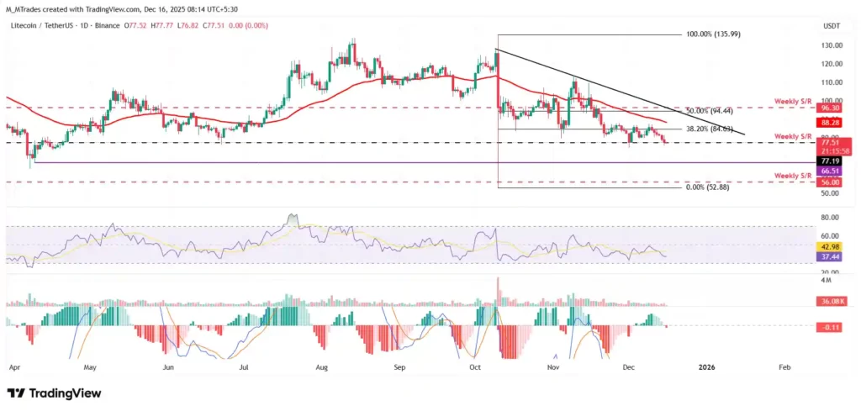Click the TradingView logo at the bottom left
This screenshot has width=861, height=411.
[54, 393]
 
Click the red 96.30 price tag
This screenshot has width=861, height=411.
[831, 108]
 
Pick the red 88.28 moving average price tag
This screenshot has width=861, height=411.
[831, 122]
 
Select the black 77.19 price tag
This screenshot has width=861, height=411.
[831, 160]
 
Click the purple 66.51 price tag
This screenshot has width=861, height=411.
[831, 171]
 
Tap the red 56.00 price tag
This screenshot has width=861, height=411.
[831, 182]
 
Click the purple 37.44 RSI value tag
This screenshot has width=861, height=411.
[831, 258]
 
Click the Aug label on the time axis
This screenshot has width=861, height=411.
[320, 367]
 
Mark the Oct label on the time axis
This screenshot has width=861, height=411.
[474, 367]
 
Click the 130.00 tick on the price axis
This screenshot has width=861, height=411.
[831, 45]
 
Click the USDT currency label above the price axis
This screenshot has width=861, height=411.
[831, 26]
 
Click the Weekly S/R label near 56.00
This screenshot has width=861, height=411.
[793, 175]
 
